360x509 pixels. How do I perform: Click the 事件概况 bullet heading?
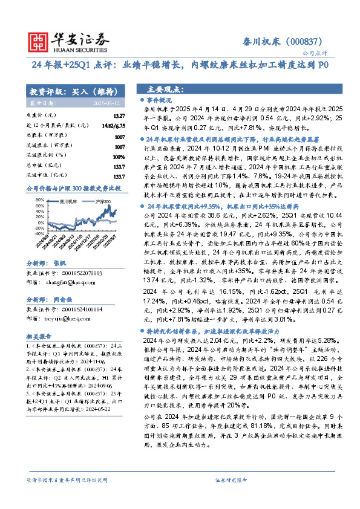pyautogui.click(x=160, y=99)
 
